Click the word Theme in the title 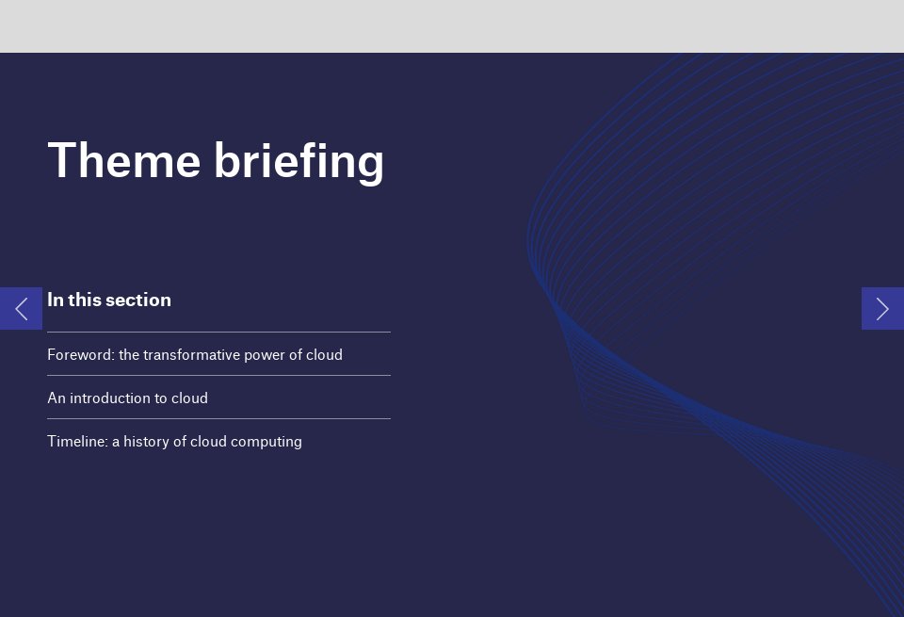pyautogui.click(x=123, y=160)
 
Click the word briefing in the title pyautogui.click(x=299, y=162)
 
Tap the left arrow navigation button pyautogui.click(x=21, y=308)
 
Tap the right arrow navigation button pyautogui.click(x=882, y=308)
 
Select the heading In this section pyautogui.click(x=109, y=300)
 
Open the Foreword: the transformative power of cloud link pyautogui.click(x=195, y=355)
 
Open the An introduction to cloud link pyautogui.click(x=127, y=398)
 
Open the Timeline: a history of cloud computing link pyautogui.click(x=174, y=442)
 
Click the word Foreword pyautogui.click(x=80, y=355)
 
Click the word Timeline pyautogui.click(x=77, y=442)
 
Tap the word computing pyautogui.click(x=268, y=442)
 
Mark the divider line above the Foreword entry pyautogui.click(x=218, y=332)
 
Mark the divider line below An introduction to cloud pyautogui.click(x=218, y=418)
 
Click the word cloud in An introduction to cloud pyautogui.click(x=189, y=398)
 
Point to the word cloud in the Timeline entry pyautogui.click(x=210, y=442)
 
